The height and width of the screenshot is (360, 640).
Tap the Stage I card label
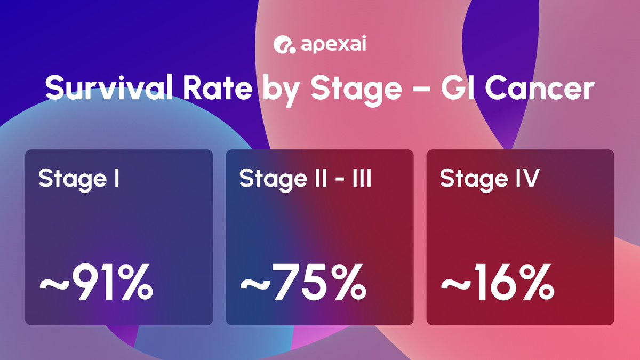pos(78,179)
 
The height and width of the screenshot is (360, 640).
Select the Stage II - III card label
pos(306,179)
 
